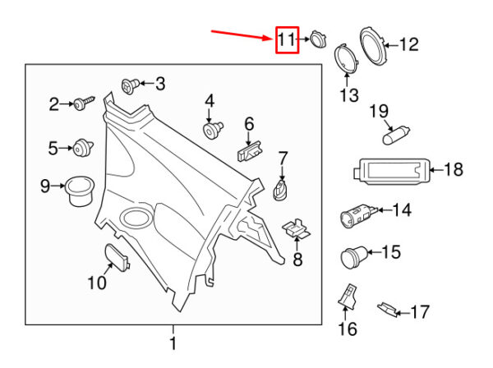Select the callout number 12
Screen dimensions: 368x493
(x=408, y=44)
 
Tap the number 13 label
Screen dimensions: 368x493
(x=349, y=96)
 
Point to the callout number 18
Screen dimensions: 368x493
(x=453, y=170)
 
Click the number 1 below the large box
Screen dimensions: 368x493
(x=173, y=343)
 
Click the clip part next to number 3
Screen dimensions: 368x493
(x=129, y=84)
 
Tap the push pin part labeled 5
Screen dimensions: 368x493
(x=82, y=148)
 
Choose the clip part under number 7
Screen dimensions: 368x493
(x=281, y=191)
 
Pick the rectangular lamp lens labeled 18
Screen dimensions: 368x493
(x=389, y=170)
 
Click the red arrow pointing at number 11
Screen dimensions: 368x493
(x=242, y=34)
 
